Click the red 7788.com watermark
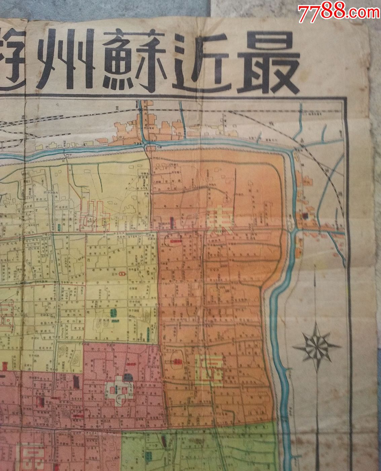[339, 12]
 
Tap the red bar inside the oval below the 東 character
[176, 241]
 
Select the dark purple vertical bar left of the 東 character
[173, 222]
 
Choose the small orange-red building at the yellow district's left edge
[5, 365]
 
